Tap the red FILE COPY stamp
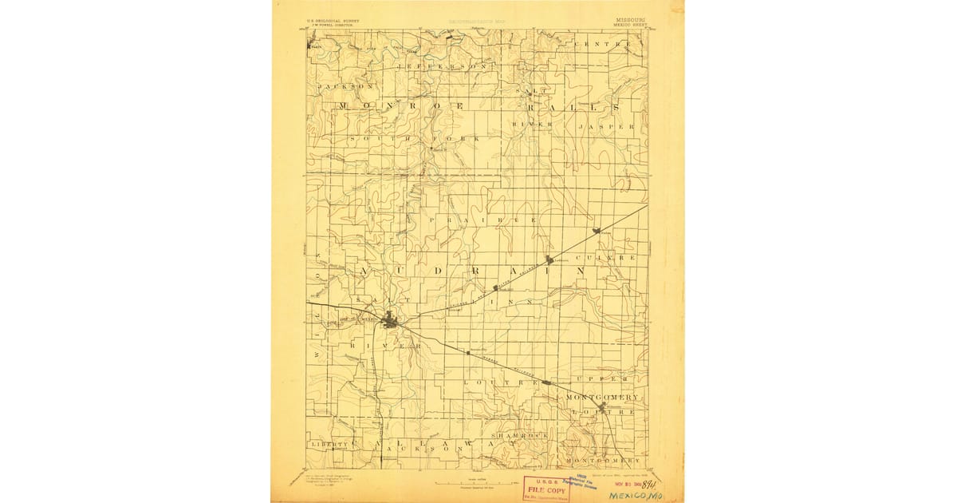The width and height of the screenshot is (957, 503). tap(546, 489)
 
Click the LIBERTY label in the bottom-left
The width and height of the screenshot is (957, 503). tap(329, 444)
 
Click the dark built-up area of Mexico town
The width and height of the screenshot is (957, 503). tap(390, 322)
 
